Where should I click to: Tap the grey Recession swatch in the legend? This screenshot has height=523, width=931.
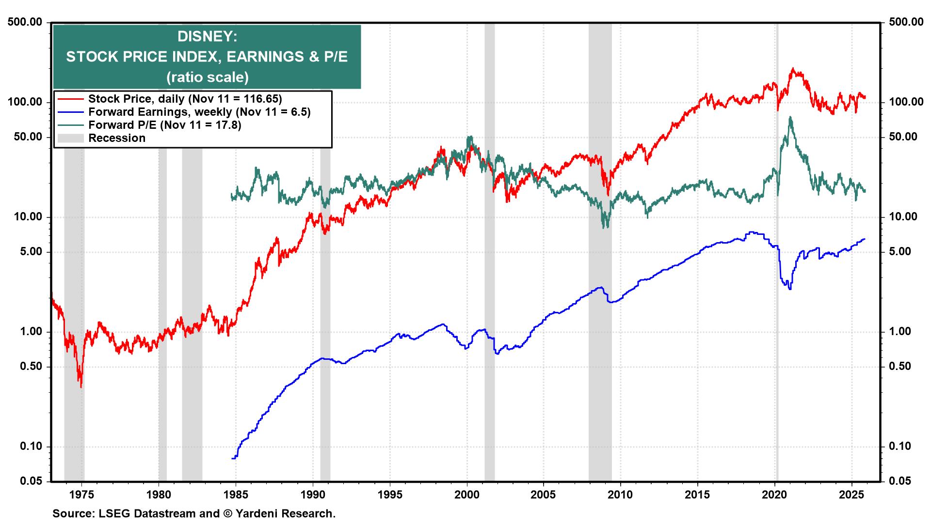tap(70, 138)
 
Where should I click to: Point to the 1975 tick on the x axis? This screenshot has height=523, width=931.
tap(81, 495)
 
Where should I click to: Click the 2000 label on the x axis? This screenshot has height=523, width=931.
tap(466, 495)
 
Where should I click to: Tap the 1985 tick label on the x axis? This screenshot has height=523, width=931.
tap(236, 495)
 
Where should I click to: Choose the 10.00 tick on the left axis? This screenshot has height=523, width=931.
tap(27, 217)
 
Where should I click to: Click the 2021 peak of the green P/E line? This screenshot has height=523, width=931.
tap(790, 117)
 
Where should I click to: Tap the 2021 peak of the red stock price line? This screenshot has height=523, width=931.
tap(793, 69)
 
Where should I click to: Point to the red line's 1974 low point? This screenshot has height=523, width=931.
tap(80, 386)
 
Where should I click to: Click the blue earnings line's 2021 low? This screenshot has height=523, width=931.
tap(790, 289)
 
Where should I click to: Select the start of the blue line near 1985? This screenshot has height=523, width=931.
tap(233, 458)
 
